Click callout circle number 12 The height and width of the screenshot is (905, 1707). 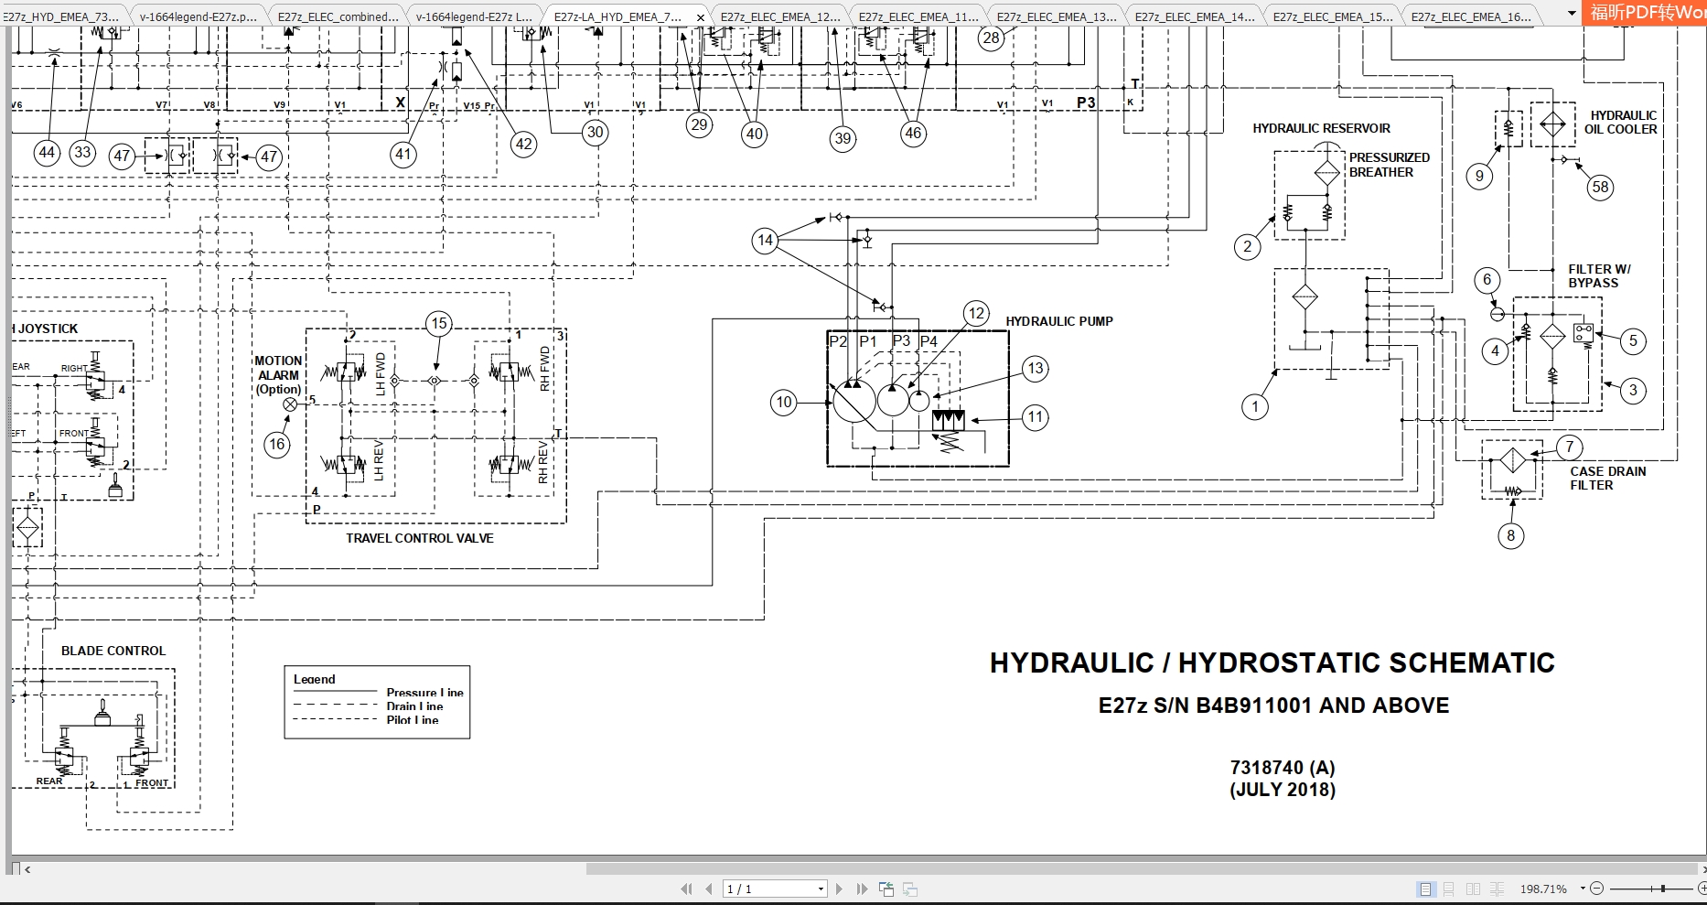click(976, 314)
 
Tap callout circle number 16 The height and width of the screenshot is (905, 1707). click(277, 445)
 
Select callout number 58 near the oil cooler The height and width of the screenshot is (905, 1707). click(1600, 188)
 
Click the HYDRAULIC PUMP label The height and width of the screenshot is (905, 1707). click(1059, 321)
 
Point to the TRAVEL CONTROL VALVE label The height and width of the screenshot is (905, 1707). click(420, 538)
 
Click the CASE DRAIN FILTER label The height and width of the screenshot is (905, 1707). click(1607, 478)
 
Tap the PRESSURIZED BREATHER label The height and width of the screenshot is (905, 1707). click(1389, 165)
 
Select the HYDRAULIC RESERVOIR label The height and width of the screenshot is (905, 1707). click(1321, 128)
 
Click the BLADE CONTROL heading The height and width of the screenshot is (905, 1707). click(113, 651)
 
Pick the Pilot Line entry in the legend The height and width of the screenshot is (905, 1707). click(413, 720)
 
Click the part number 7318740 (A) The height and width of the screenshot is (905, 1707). click(1282, 768)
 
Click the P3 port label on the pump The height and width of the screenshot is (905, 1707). click(901, 341)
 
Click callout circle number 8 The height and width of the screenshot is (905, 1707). click(1510, 536)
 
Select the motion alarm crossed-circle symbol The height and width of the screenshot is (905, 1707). click(291, 404)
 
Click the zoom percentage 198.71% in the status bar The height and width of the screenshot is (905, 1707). click(1543, 889)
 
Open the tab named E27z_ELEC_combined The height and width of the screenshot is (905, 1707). click(338, 16)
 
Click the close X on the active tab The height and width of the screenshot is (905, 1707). click(701, 17)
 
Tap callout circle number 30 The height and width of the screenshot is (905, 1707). click(595, 133)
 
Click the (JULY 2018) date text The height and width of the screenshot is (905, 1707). click(1282, 790)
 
